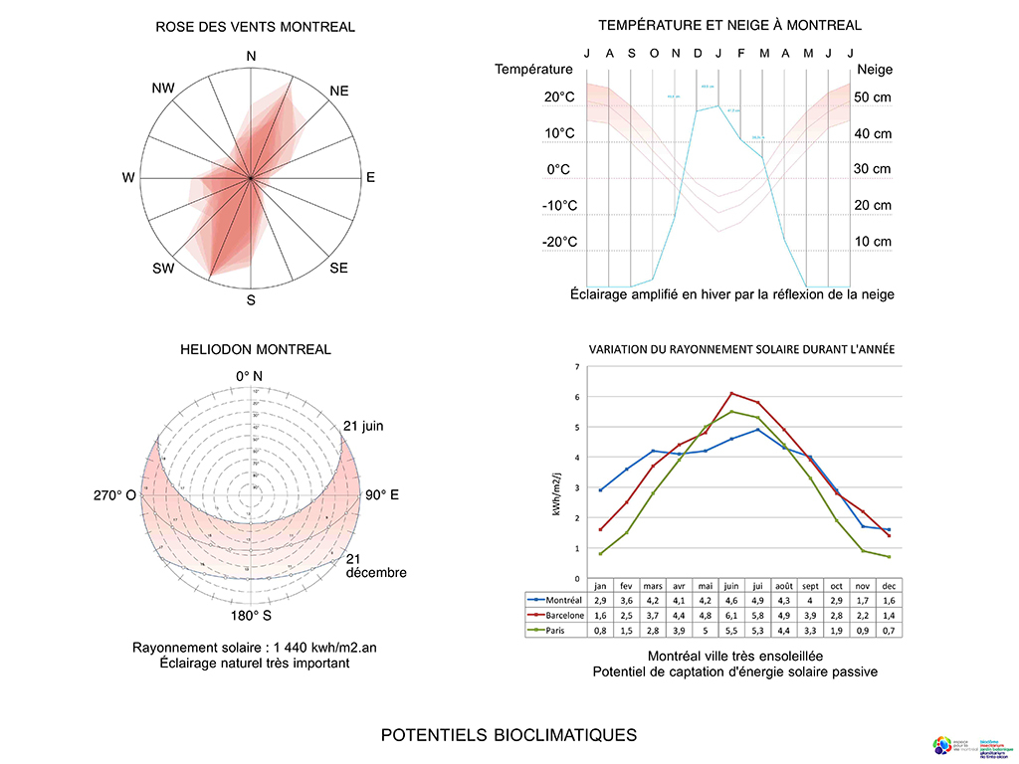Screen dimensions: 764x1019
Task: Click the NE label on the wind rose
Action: click(x=339, y=91)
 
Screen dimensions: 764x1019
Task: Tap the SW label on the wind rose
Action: click(x=163, y=269)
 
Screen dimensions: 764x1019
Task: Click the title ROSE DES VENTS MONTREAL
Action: click(x=255, y=27)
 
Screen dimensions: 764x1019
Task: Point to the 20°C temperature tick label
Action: click(x=559, y=97)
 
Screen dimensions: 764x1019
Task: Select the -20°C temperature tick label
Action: click(x=559, y=242)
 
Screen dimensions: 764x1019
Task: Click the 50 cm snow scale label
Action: click(x=873, y=97)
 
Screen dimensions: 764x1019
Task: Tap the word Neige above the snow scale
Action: click(x=874, y=70)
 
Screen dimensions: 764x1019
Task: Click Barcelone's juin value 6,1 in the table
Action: click(x=731, y=615)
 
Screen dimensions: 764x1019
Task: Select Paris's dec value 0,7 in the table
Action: click(x=888, y=630)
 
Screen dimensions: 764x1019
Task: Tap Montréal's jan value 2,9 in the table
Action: click(x=601, y=601)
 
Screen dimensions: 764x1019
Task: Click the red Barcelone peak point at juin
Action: click(x=731, y=393)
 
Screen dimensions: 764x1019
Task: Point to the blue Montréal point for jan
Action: click(x=601, y=489)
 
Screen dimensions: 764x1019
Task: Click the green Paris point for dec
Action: click(x=888, y=556)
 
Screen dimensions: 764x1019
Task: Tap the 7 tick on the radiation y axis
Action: click(x=577, y=367)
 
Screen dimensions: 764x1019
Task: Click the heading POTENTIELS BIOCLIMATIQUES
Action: click(x=509, y=735)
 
